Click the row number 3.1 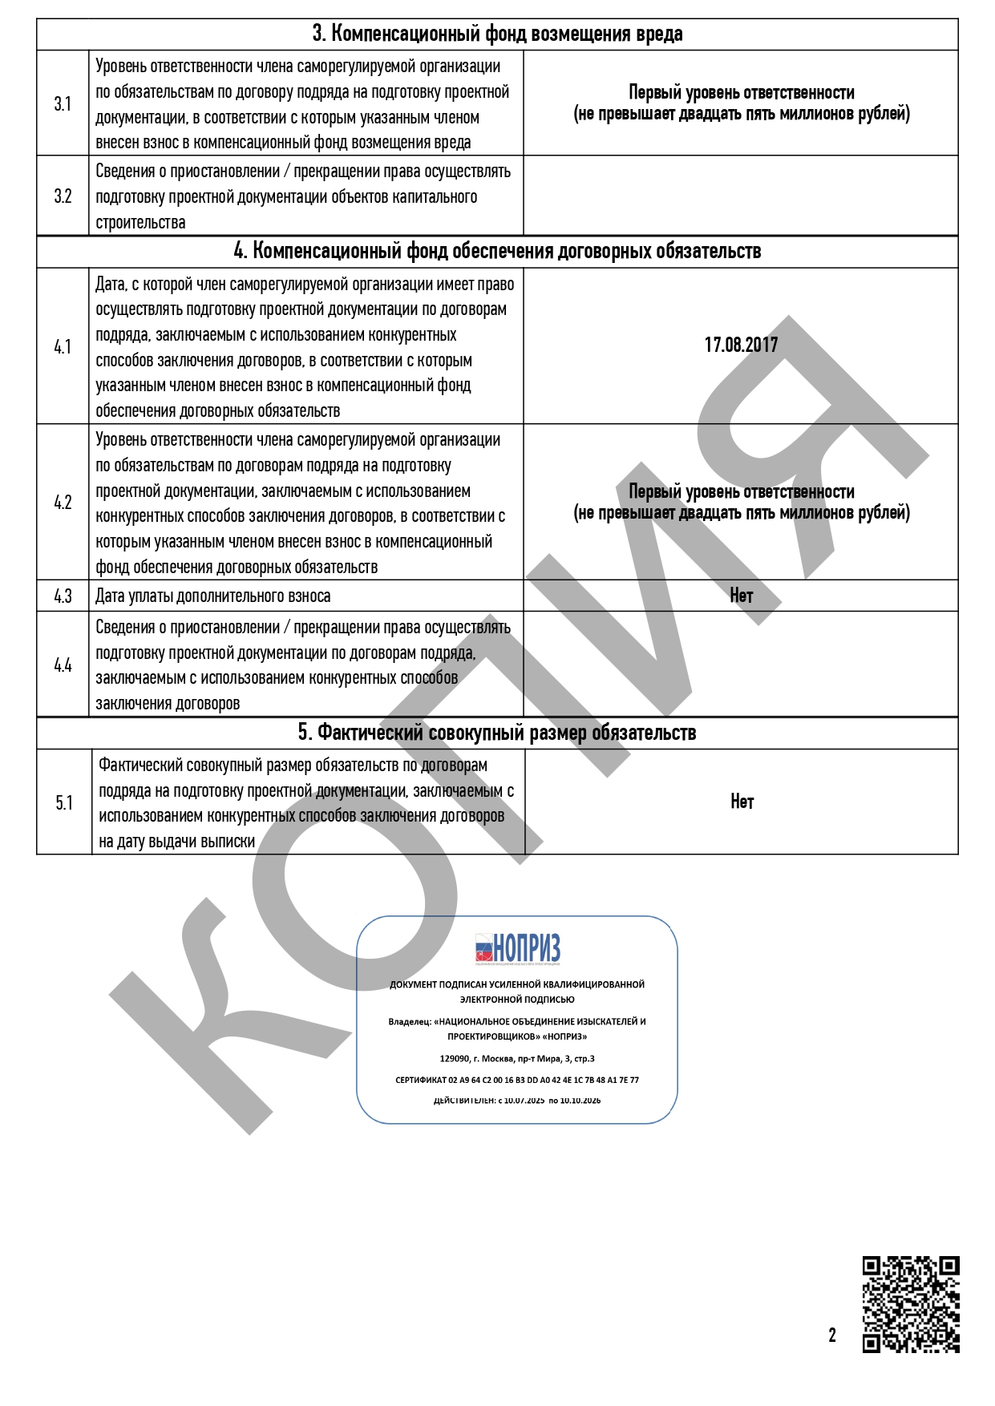(x=63, y=104)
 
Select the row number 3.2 (x=63, y=196)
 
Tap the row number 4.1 (x=63, y=347)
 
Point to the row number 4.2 (x=63, y=503)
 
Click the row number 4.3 (x=63, y=596)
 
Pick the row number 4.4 (x=63, y=665)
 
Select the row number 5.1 (x=64, y=803)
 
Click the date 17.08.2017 (x=741, y=345)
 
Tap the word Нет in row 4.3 (x=741, y=596)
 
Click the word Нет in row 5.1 (x=742, y=802)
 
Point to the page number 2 (x=832, y=1335)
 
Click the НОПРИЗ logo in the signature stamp (x=517, y=949)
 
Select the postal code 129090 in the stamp (x=455, y=1059)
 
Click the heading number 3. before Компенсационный (x=318, y=34)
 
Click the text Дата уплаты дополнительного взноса (x=212, y=596)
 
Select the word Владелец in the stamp (x=408, y=1022)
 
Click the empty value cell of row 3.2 (x=741, y=196)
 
